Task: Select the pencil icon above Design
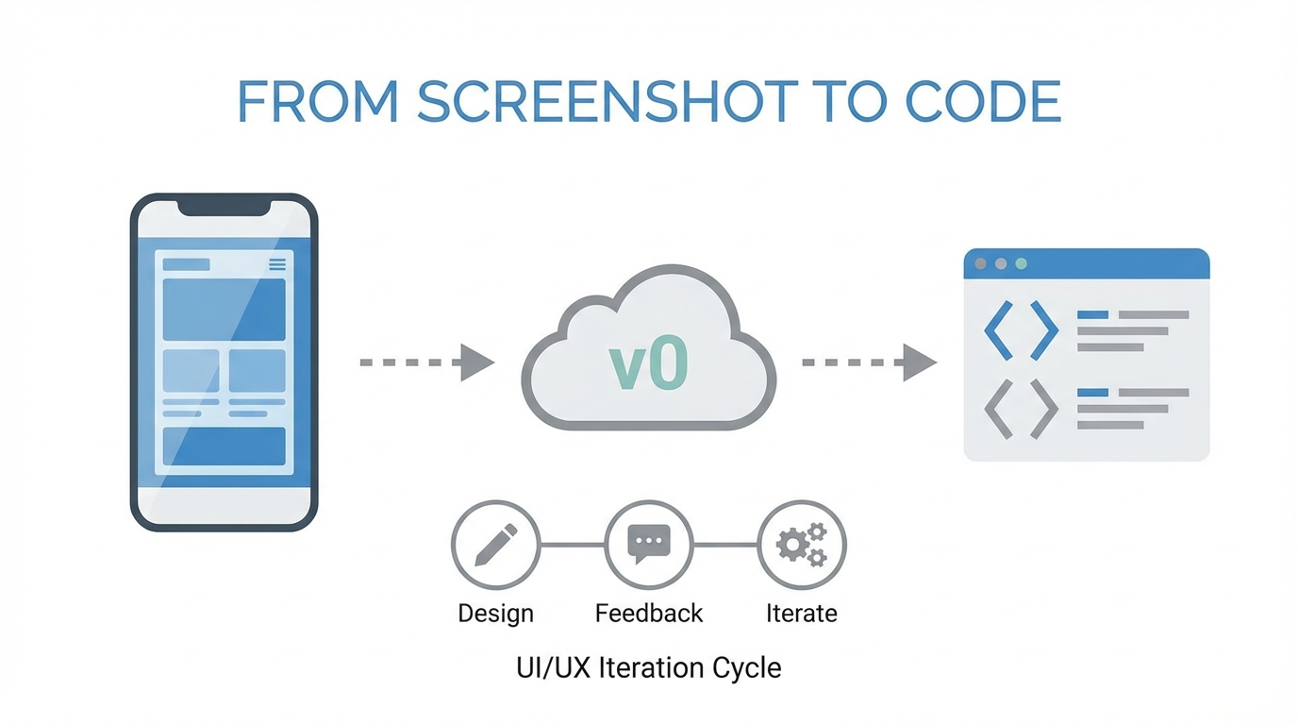pos(495,545)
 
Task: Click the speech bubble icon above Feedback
pos(649,543)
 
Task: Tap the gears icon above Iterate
pos(802,545)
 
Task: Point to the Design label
pos(495,614)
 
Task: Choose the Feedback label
pos(649,614)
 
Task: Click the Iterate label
pos(802,614)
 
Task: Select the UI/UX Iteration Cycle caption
pos(649,668)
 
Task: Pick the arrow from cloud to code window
pos(869,362)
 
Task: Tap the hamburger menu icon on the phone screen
pos(277,264)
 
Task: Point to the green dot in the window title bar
pos(1021,264)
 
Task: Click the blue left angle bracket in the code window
pos(998,329)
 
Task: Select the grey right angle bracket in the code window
pos(1044,409)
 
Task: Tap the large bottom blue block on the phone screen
pos(224,447)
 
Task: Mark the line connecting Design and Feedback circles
pos(572,545)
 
